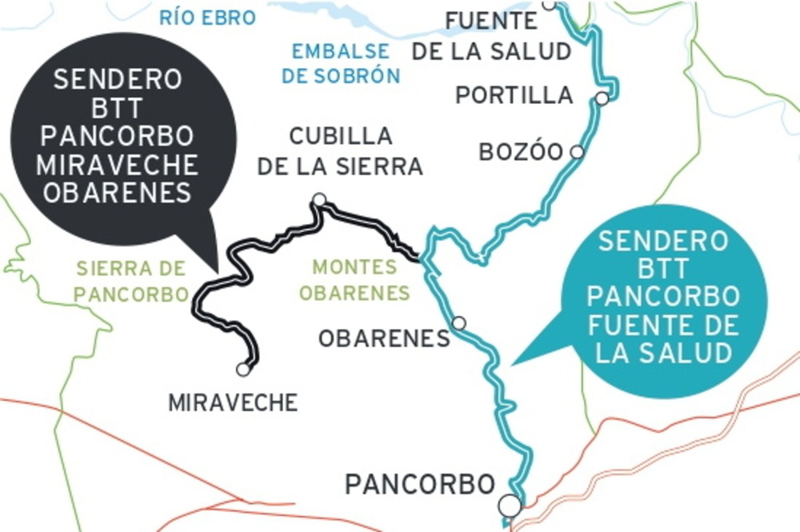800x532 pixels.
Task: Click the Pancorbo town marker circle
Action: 509,505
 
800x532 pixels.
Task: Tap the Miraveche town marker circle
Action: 243,370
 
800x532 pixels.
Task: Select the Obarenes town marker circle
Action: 458,323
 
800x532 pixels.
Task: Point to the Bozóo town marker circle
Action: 576,151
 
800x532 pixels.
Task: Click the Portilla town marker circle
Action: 602,98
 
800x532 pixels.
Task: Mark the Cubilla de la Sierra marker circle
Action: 319,199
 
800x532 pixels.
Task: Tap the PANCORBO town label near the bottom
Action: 420,484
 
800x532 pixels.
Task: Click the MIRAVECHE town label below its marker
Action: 233,402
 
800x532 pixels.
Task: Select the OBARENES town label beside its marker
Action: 384,338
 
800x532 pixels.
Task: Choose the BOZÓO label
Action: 521,152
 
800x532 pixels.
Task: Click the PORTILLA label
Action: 514,95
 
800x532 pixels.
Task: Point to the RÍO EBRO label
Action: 208,18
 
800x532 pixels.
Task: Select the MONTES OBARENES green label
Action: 354,280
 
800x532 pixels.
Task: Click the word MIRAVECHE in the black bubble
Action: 118,166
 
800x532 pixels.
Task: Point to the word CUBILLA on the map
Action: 341,137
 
